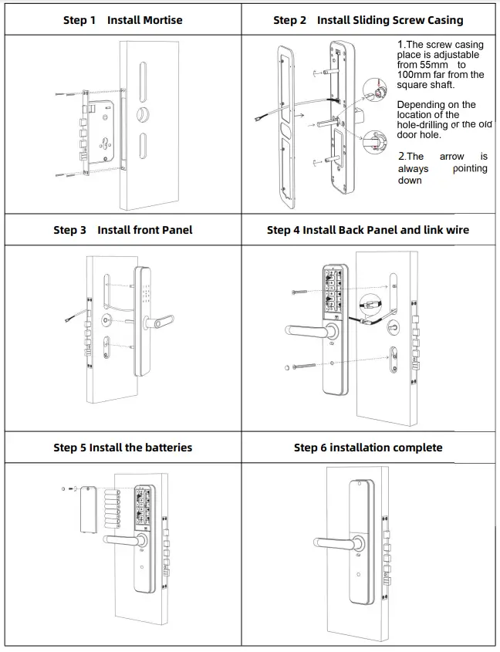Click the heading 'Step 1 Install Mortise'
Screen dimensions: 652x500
click(123, 20)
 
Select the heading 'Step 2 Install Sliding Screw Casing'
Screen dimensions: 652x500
click(368, 20)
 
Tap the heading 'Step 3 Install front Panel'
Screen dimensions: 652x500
click(123, 230)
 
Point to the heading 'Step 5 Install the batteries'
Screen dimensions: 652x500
click(123, 448)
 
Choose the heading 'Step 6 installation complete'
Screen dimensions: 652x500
click(368, 448)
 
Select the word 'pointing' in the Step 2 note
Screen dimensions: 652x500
click(469, 168)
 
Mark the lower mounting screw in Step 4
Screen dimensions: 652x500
click(305, 367)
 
